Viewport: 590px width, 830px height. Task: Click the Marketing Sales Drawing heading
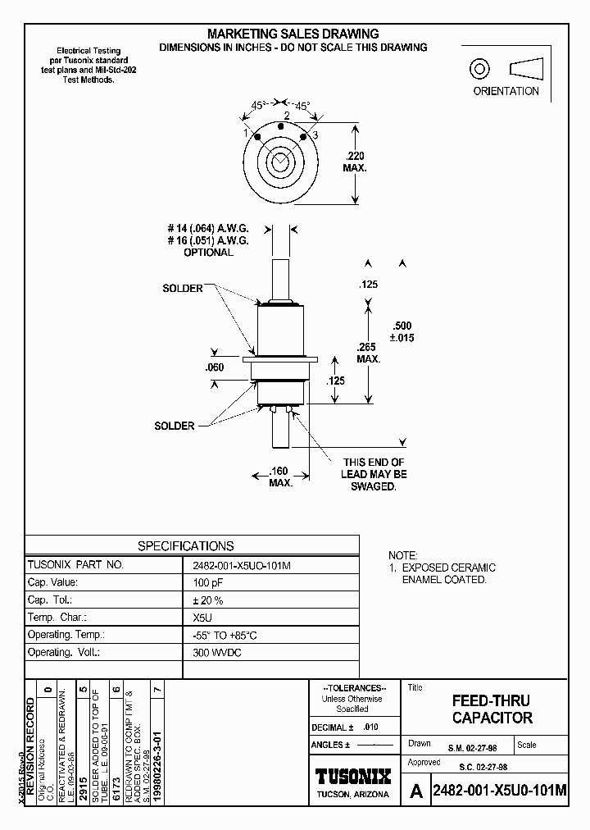293,34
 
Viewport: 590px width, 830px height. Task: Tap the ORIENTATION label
506,91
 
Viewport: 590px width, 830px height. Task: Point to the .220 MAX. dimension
355,161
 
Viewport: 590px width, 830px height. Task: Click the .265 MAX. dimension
369,353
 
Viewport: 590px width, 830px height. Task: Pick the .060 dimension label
213,367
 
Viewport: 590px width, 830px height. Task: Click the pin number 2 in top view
286,116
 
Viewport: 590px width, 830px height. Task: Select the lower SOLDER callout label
175,426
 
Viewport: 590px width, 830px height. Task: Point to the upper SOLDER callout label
182,289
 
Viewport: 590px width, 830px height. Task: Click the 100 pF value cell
206,581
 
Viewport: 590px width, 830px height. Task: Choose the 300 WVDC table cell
212,653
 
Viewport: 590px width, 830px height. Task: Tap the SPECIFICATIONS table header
185,545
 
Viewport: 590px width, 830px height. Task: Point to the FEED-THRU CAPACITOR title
492,709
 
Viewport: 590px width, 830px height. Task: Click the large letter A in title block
416,791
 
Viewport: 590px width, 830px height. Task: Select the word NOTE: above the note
402,555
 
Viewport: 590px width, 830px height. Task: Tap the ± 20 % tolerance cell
206,600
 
